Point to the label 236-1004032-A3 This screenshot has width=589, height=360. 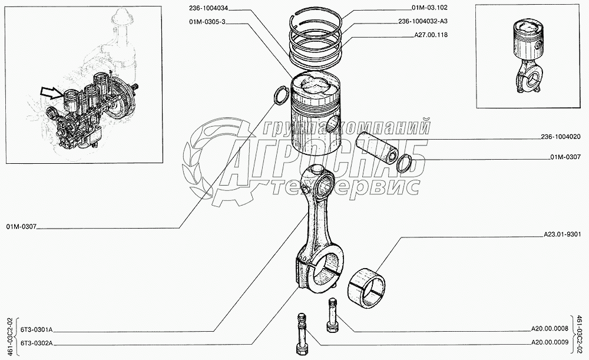click(x=422, y=21)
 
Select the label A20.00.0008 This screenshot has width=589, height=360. click(x=550, y=330)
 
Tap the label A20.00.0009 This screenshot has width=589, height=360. click(x=550, y=342)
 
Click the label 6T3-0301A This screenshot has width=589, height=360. click(x=37, y=330)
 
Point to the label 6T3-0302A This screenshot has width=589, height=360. click(x=37, y=342)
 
